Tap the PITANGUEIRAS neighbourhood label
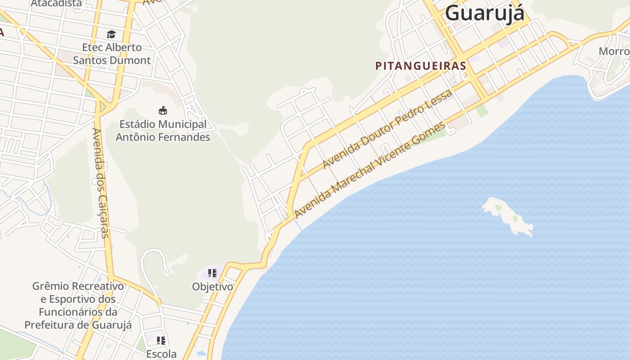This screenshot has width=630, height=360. [x=421, y=66]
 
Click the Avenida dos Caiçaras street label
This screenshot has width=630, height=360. [x=100, y=183]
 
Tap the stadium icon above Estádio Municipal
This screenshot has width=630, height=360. [x=163, y=110]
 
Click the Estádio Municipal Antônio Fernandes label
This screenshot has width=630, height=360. [x=163, y=130]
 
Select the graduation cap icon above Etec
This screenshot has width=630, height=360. [x=111, y=34]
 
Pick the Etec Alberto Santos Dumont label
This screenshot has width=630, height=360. [x=112, y=54]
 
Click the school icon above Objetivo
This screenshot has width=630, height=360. [x=212, y=273]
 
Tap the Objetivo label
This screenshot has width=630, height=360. [x=212, y=287]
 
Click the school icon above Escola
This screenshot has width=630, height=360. [x=161, y=340]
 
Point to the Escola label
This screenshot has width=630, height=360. [x=161, y=354]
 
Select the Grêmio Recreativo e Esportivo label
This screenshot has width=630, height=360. [x=78, y=305]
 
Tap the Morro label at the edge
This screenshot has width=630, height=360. [x=614, y=51]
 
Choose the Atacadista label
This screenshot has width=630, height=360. [x=57, y=4]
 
